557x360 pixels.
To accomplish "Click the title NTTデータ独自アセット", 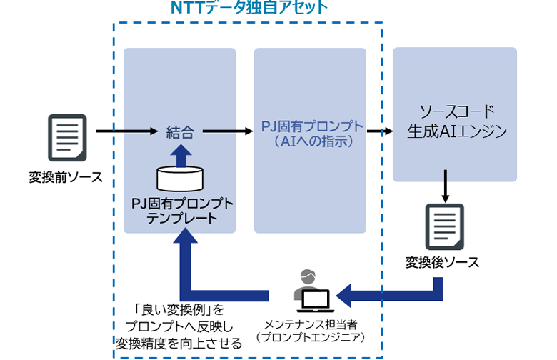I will pyautogui.click(x=249, y=9).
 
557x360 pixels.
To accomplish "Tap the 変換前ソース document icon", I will pyautogui.click(x=67, y=138).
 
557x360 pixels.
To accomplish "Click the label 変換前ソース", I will pyautogui.click(x=66, y=176).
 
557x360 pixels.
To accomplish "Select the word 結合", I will pyautogui.click(x=179, y=131).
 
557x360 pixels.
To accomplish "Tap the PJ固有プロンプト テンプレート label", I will pyautogui.click(x=182, y=211).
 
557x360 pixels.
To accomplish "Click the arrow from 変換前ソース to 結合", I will pyautogui.click(x=126, y=131).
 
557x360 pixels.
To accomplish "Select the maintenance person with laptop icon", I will pyautogui.click(x=311, y=292).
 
